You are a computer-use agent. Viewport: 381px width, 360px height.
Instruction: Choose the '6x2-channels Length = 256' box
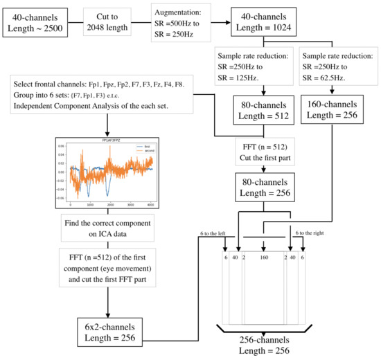[107, 328]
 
